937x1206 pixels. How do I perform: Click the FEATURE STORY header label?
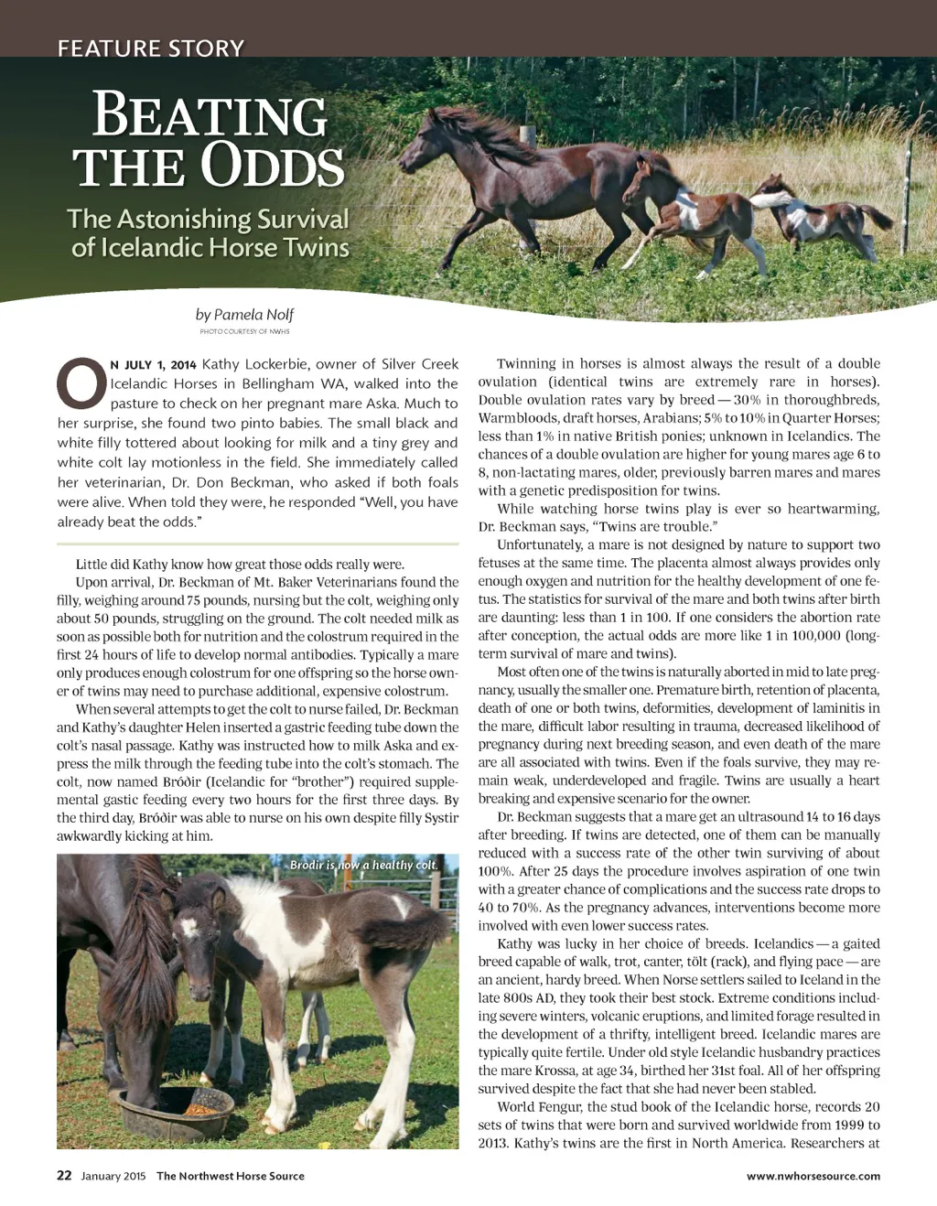pos(151,48)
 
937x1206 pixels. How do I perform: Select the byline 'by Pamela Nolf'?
pos(244,314)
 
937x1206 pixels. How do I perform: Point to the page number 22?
pos(64,1176)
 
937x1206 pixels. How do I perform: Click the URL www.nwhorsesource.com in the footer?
pos(813,1176)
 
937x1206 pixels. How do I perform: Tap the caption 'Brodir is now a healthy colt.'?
pos(363,865)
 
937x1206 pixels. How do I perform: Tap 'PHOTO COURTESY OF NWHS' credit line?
pos(244,331)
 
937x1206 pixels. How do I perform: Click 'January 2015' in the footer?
pos(113,1176)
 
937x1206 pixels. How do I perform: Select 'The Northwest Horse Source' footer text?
pos(231,1176)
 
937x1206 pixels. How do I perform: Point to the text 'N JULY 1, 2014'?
pos(153,364)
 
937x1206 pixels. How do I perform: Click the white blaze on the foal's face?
pos(189,926)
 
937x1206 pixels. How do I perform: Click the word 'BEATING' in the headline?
pos(210,116)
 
